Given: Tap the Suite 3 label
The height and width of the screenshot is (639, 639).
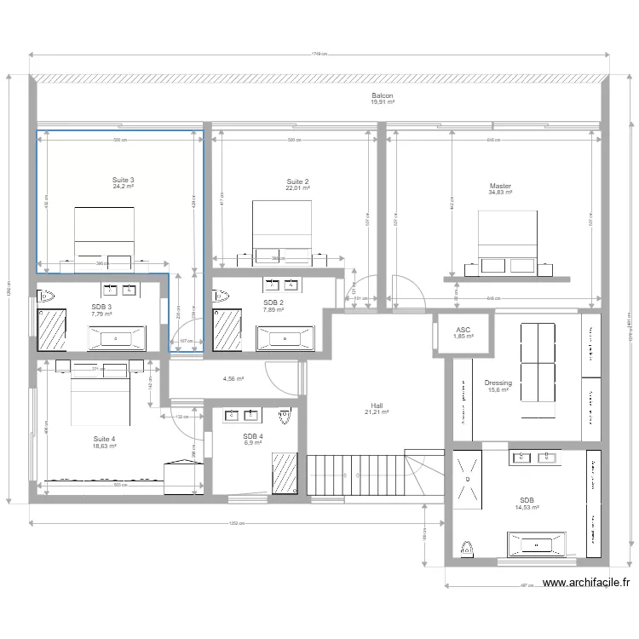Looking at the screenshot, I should click(124, 180).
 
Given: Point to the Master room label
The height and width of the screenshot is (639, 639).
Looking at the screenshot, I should click(500, 186).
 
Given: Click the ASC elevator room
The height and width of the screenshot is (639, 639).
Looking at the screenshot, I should click(463, 332).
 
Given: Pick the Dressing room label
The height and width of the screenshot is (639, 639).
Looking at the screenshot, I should click(498, 383).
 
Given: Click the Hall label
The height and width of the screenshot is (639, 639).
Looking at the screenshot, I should click(377, 406).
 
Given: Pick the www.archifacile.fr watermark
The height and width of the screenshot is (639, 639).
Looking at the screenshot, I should click(585, 584).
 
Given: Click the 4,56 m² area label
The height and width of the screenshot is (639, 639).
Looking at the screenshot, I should click(233, 380).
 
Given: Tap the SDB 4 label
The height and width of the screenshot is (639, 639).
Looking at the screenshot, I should click(253, 436).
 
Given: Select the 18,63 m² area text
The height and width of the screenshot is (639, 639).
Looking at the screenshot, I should click(105, 446).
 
